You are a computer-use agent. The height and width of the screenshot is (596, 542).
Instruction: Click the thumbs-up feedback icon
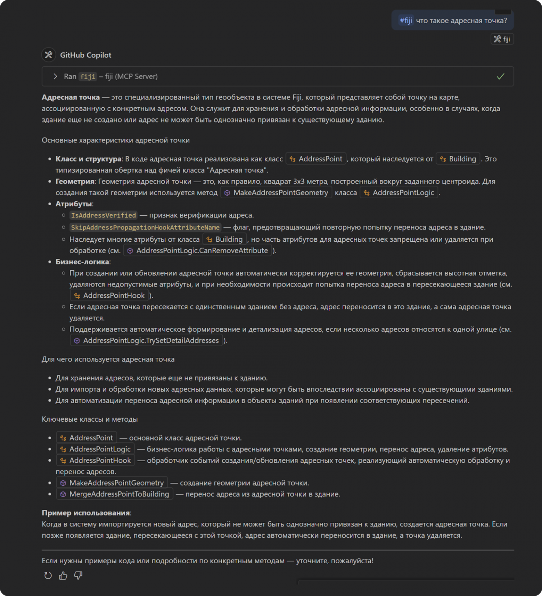63,576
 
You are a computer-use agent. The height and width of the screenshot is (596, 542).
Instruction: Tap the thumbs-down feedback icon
78,576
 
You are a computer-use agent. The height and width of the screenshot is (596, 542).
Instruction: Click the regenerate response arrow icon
48,576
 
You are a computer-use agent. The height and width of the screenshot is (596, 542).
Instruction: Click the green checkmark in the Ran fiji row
500,76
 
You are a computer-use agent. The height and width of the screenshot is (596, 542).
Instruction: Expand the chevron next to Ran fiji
55,76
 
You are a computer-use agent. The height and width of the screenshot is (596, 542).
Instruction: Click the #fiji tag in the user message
406,20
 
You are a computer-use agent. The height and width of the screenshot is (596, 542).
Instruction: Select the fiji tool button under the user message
502,39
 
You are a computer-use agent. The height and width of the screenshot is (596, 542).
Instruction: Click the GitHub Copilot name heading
85,55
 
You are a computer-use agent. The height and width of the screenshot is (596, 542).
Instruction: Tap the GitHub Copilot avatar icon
49,55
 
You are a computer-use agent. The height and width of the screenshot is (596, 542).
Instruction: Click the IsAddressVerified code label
103,215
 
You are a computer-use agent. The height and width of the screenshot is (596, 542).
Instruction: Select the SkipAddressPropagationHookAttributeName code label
145,227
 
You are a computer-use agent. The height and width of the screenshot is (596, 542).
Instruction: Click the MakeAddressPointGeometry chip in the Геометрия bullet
276,193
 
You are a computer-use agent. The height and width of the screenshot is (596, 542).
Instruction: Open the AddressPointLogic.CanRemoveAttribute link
198,250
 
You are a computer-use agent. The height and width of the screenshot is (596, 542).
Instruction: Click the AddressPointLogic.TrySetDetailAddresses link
147,340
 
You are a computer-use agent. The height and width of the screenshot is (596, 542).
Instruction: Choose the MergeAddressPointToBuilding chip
115,494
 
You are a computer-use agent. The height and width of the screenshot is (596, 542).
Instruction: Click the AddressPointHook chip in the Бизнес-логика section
109,296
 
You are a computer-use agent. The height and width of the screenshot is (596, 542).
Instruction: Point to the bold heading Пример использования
85,513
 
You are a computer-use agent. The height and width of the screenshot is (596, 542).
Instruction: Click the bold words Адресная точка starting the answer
71,97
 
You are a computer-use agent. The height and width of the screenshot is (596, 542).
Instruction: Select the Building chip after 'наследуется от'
458,159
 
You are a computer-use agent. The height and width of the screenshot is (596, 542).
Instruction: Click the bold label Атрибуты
74,204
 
